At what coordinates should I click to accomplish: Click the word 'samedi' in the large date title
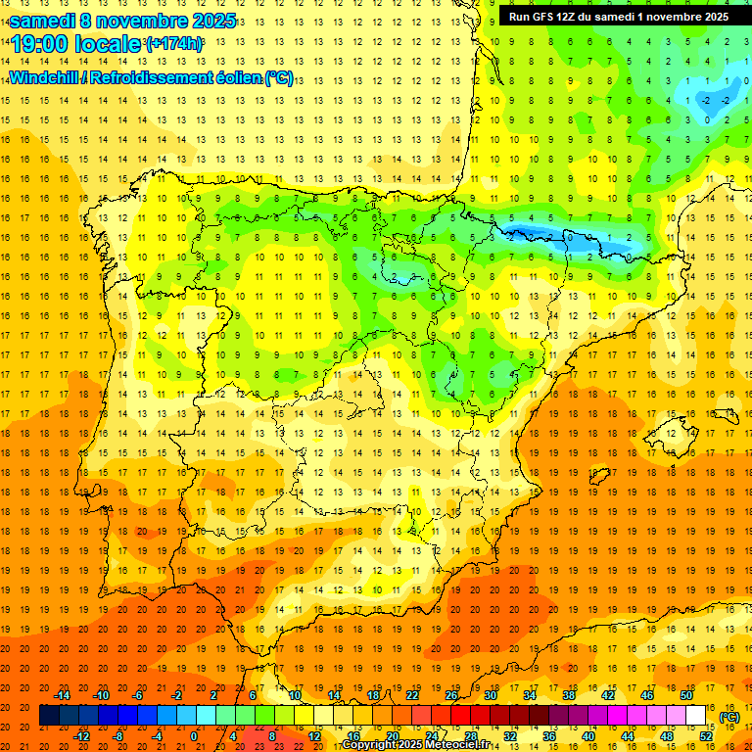point(41,21)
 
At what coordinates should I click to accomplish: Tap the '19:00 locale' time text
point(75,44)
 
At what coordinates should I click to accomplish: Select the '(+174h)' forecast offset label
point(174,44)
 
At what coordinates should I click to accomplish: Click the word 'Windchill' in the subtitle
point(43,77)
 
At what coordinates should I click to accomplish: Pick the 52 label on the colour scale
point(707,736)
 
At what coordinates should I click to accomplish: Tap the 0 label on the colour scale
point(194,736)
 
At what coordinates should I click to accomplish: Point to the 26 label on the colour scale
point(451,695)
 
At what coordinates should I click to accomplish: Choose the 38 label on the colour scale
point(569,695)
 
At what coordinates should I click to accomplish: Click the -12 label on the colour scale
point(82,736)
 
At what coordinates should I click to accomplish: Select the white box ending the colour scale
point(696,716)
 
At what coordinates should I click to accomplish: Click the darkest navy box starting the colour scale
point(49,716)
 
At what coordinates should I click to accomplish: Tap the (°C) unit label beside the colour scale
point(729,717)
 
